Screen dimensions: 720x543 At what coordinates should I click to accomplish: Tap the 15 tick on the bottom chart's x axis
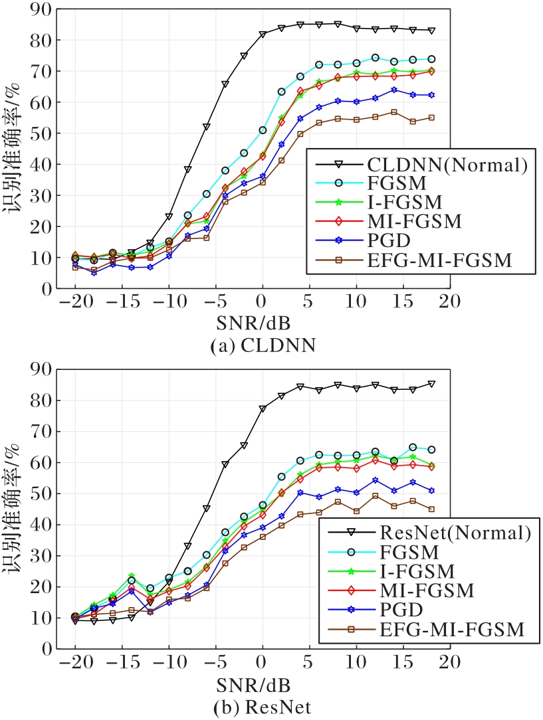tap(403, 663)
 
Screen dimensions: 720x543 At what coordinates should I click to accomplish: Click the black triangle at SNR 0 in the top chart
tap(263, 35)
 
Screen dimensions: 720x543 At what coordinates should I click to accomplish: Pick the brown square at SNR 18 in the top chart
tap(431, 118)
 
